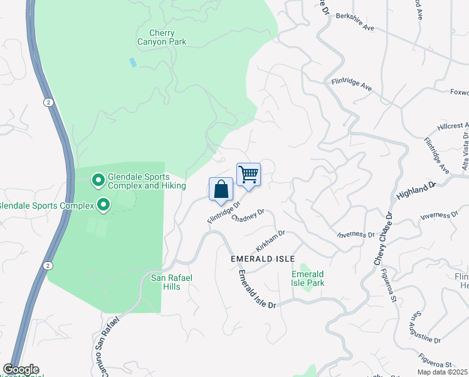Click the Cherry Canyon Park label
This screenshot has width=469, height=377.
click(162, 38)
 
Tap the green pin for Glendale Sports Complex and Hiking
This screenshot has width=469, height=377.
click(98, 181)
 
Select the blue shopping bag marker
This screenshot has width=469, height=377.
click(221, 190)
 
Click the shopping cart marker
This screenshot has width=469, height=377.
click(248, 175)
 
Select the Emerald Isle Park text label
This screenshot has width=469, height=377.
click(308, 278)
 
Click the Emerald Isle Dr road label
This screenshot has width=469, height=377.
click(256, 290)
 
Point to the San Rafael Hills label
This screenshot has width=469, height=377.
click(166, 282)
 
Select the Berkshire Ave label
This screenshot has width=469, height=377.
click(355, 22)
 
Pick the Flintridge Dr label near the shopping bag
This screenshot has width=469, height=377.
click(224, 212)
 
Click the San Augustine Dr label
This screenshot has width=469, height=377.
click(425, 326)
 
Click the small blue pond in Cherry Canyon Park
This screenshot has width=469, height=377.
click(132, 62)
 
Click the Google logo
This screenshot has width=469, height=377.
click(20, 369)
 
